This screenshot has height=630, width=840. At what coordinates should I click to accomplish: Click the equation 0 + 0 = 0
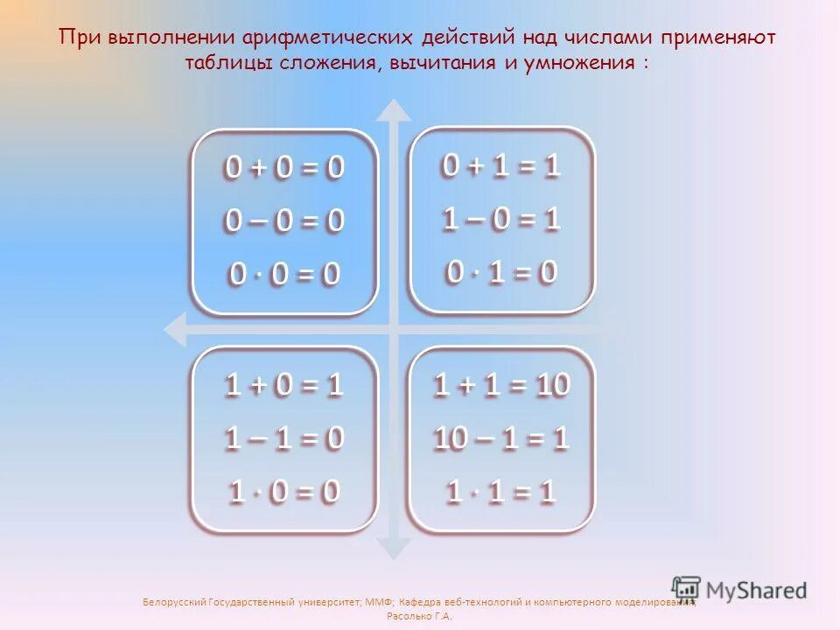tap(284, 168)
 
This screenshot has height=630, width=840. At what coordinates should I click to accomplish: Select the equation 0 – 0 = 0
tap(284, 221)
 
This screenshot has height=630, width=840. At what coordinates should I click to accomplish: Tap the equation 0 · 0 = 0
tap(284, 275)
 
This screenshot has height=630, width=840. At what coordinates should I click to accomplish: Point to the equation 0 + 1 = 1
tap(500, 166)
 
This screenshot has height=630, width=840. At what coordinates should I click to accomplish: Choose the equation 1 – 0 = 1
tap(500, 220)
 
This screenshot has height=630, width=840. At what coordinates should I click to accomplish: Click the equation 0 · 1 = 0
tap(500, 273)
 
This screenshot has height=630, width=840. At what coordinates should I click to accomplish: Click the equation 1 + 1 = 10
tap(501, 385)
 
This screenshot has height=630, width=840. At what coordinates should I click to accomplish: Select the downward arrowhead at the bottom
tap(395, 548)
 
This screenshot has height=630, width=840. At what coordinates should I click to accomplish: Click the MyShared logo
tap(739, 590)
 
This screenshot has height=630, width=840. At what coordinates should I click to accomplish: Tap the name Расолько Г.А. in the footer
tap(419, 616)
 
